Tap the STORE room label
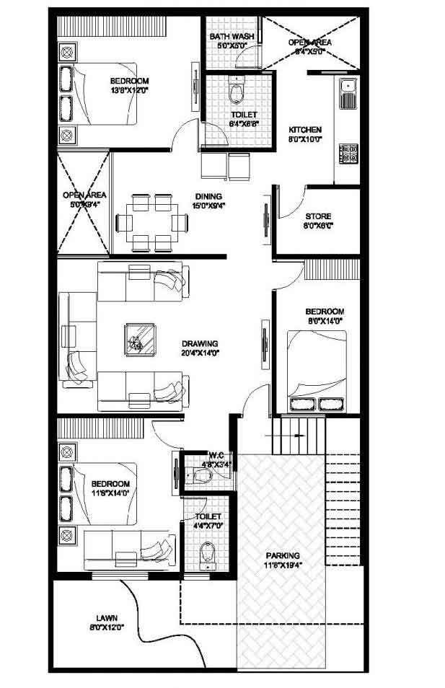pyautogui.click(x=317, y=216)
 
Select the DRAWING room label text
pyautogui.click(x=200, y=343)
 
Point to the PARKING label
pyautogui.click(x=282, y=555)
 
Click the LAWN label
pyautogui.click(x=105, y=617)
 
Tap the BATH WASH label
pyautogui.click(x=229, y=36)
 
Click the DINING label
pyautogui.click(x=208, y=195)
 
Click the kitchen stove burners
pyautogui.click(x=349, y=152)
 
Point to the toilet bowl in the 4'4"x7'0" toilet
pyautogui.click(x=209, y=554)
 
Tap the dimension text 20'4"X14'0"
pyautogui.click(x=200, y=353)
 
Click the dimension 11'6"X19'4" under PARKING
pyautogui.click(x=282, y=565)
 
